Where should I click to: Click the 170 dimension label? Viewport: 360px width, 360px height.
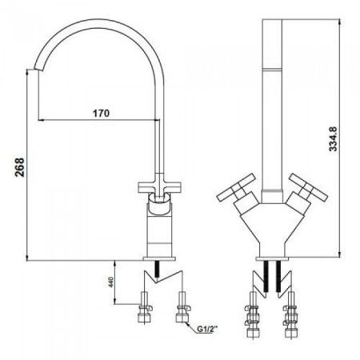(x=101, y=113)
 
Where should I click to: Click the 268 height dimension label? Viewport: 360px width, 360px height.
(x=19, y=167)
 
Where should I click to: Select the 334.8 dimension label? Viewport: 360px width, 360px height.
(x=333, y=139)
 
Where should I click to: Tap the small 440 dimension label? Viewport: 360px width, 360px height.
(x=111, y=282)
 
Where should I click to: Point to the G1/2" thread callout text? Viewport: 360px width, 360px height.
(x=207, y=330)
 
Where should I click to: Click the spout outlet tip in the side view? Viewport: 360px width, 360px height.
(x=38, y=70)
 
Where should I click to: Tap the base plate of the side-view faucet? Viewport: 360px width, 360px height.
(x=159, y=258)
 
